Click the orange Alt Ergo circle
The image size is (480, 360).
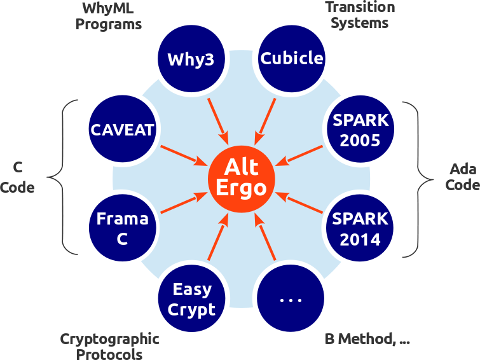(241, 179)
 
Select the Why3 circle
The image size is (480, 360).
(191, 59)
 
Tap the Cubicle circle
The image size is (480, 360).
(291, 59)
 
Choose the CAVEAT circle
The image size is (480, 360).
(123, 128)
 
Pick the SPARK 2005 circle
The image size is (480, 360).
(360, 128)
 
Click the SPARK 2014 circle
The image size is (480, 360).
(360, 228)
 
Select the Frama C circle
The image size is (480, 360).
(123, 228)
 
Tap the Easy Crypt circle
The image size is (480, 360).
(191, 298)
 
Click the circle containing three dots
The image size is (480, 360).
(291, 298)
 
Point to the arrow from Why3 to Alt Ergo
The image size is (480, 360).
(218, 121)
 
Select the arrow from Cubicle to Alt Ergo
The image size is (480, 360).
(265, 121)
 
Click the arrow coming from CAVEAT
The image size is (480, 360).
(184, 156)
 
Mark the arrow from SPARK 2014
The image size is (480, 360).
(299, 202)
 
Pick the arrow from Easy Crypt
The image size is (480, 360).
(218, 237)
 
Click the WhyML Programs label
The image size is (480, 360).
(108, 16)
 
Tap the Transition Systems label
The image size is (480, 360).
(360, 15)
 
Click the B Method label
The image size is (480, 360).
(367, 339)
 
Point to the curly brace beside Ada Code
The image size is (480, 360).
(418, 179)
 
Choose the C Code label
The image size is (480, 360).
(17, 177)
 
